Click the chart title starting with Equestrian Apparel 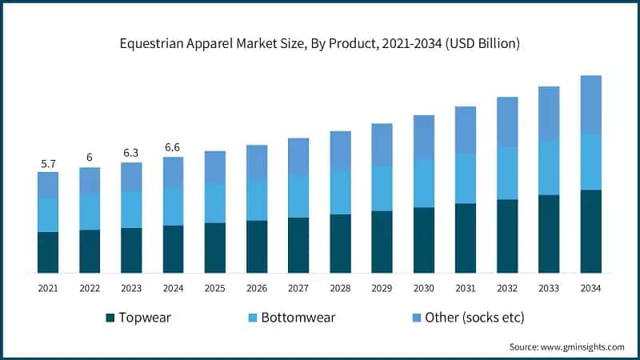[x=320, y=44]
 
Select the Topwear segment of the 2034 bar [x=590, y=231]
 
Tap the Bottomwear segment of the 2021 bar [x=48, y=214]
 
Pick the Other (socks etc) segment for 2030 [x=424, y=137]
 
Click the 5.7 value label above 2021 [x=48, y=163]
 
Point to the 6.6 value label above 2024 [x=173, y=148]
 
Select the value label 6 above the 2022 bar [x=90, y=158]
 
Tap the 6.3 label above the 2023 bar [x=131, y=153]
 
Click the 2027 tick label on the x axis [x=298, y=287]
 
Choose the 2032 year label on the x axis [x=507, y=287]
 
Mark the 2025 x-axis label [x=214, y=287]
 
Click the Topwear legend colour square [x=110, y=318]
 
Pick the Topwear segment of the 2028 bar [x=340, y=243]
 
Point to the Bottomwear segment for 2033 [x=549, y=167]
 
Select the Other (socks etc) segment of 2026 [x=257, y=162]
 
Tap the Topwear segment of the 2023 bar [x=131, y=250]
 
